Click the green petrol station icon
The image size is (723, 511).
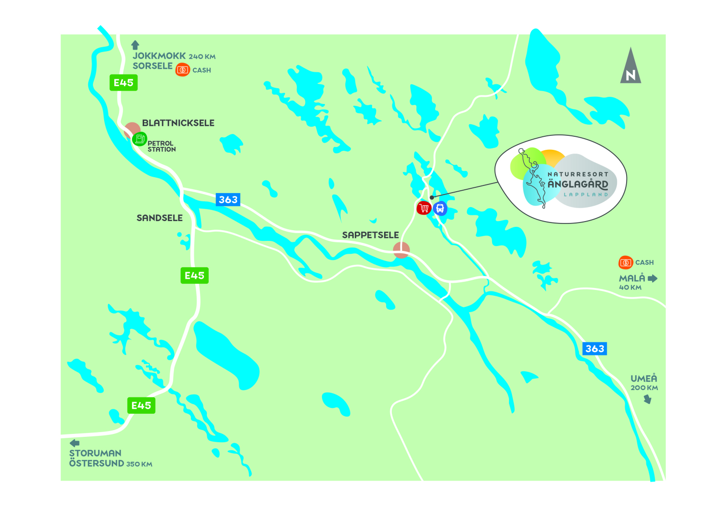tap(139, 139)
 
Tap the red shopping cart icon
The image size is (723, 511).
tap(424, 208)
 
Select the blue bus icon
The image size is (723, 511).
tap(440, 209)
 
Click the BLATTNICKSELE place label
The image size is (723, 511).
tap(178, 123)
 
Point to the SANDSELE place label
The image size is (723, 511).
tap(160, 218)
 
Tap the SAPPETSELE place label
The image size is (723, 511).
tap(370, 235)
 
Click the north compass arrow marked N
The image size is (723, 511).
tap(630, 67)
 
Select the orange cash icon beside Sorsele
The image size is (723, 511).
tap(183, 70)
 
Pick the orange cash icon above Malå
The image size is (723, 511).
tap(626, 262)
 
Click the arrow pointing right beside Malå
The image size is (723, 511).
tap(653, 278)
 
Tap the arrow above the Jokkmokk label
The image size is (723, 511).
tap(135, 45)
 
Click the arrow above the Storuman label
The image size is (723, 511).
tap(75, 443)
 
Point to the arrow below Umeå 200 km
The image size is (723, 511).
tap(648, 399)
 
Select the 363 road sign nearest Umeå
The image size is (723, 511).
tap(595, 349)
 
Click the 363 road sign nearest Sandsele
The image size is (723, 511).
tap(228, 199)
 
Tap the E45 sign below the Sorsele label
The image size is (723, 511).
tap(123, 83)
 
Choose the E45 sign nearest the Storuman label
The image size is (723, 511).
tap(141, 406)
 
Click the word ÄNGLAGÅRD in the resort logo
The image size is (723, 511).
tap(578, 184)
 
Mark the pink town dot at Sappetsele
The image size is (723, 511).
tap(401, 250)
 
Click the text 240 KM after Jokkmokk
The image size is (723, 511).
tap(202, 57)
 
